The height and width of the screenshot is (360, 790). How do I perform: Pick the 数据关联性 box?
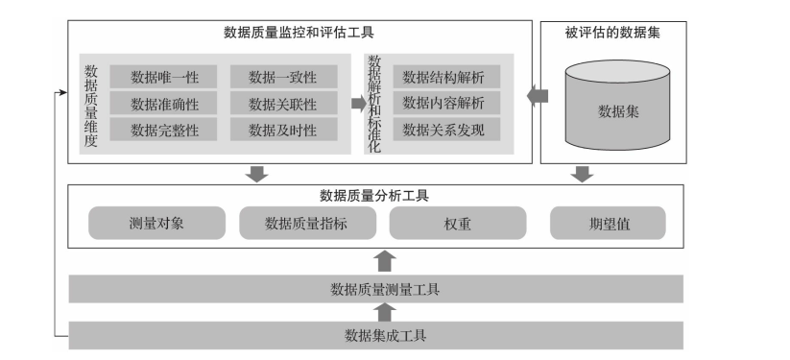click(281, 104)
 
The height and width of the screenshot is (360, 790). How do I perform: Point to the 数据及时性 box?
click(281, 130)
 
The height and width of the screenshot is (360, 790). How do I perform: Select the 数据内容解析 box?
click(443, 103)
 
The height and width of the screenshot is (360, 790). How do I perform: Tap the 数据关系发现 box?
click(443, 129)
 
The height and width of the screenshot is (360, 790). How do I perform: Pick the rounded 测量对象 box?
click(156, 224)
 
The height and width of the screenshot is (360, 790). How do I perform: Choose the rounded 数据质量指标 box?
click(305, 224)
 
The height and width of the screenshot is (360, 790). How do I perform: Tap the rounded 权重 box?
click(458, 224)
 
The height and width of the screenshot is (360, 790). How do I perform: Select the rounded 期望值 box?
click(608, 224)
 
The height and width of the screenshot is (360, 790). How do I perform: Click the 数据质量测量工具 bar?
click(376, 288)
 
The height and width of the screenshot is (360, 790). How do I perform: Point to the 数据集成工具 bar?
click(376, 335)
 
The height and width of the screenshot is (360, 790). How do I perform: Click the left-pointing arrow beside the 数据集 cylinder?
click(538, 96)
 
